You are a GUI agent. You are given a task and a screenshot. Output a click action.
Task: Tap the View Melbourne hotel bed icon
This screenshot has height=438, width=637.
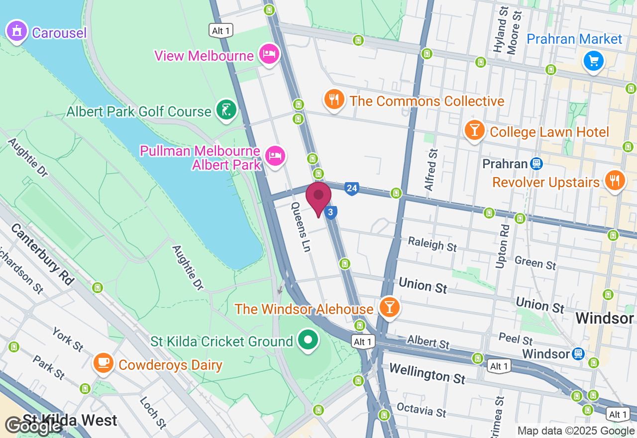click(269, 54)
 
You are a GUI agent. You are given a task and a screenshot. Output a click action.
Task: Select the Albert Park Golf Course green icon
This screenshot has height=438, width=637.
click(226, 110)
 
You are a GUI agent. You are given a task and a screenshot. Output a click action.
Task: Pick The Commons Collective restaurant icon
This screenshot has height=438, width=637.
click(334, 100)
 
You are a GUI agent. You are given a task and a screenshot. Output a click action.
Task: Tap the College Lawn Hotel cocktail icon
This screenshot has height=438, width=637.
click(474, 130)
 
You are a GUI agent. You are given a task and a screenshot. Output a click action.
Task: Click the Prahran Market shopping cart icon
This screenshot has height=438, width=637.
click(593, 61)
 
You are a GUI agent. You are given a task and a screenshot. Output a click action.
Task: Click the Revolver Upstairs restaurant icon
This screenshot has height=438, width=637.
click(615, 181)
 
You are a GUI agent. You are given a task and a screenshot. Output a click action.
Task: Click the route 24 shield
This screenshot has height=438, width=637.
click(352, 188)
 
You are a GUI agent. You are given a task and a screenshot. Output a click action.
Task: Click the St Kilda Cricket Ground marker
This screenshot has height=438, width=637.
click(308, 340)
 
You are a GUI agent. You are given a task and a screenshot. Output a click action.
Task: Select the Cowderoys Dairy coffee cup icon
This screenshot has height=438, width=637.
click(104, 363)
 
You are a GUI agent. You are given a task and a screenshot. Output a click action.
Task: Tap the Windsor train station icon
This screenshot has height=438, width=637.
click(578, 353)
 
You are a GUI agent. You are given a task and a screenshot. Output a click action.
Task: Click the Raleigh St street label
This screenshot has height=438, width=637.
click(432, 244)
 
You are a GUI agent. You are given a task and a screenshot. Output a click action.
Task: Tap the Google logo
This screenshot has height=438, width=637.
click(34, 426)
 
